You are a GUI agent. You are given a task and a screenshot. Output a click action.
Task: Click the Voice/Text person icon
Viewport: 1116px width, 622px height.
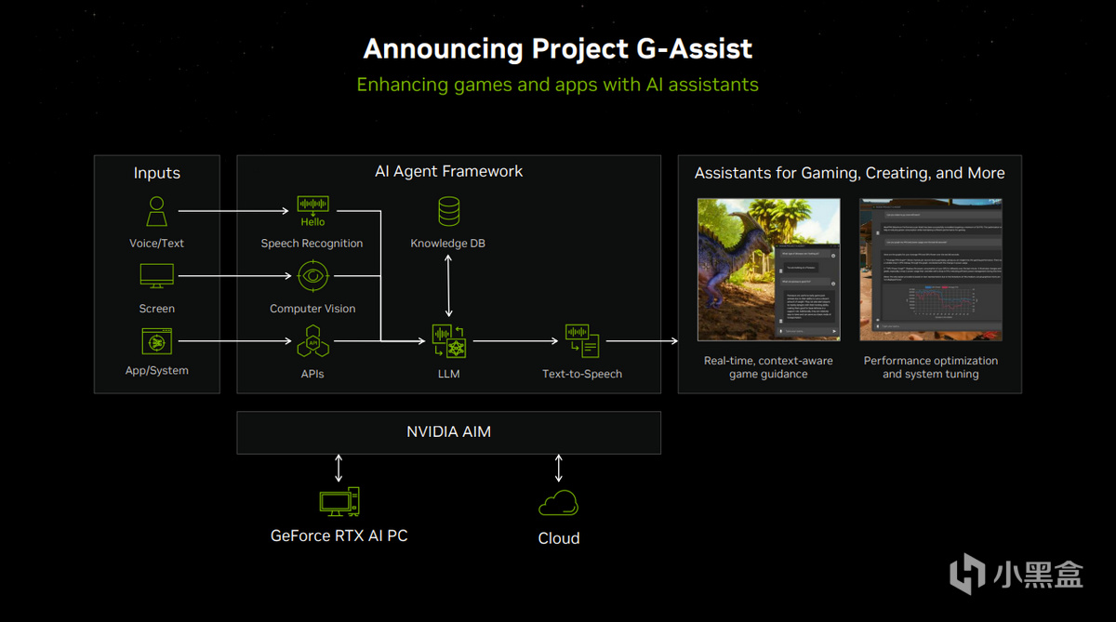click(x=157, y=211)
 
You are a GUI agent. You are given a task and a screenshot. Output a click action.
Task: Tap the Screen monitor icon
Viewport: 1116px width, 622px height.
click(x=156, y=276)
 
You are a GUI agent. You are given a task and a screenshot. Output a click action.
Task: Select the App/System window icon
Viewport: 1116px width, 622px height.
click(x=156, y=341)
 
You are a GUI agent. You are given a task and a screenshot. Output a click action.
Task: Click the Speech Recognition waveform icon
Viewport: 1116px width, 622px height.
click(x=312, y=205)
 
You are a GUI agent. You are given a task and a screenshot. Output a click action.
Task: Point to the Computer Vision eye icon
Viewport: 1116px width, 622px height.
click(x=312, y=276)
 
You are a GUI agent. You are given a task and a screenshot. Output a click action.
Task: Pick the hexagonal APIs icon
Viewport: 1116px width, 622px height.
click(x=312, y=341)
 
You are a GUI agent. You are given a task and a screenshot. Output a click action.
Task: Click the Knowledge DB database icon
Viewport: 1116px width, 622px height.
click(x=448, y=212)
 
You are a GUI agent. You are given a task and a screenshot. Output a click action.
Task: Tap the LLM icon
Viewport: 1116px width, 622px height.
click(x=448, y=341)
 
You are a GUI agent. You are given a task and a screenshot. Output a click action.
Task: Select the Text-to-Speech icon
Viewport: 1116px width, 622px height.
click(x=582, y=341)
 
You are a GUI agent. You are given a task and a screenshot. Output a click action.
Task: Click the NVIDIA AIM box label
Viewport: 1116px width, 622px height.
click(x=448, y=432)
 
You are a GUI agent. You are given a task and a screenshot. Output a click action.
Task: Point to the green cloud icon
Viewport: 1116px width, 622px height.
click(x=558, y=503)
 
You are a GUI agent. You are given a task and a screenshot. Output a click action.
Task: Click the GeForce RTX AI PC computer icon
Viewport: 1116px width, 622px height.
click(x=339, y=502)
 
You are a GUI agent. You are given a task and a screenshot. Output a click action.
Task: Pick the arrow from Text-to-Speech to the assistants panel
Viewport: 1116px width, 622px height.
click(x=642, y=341)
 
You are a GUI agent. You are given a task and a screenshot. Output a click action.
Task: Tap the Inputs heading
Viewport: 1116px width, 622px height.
click(x=157, y=173)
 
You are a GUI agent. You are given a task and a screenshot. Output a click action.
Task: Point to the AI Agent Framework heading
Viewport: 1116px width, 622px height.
click(x=448, y=171)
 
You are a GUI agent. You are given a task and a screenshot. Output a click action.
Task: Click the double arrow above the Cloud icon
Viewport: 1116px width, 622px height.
click(x=558, y=467)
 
